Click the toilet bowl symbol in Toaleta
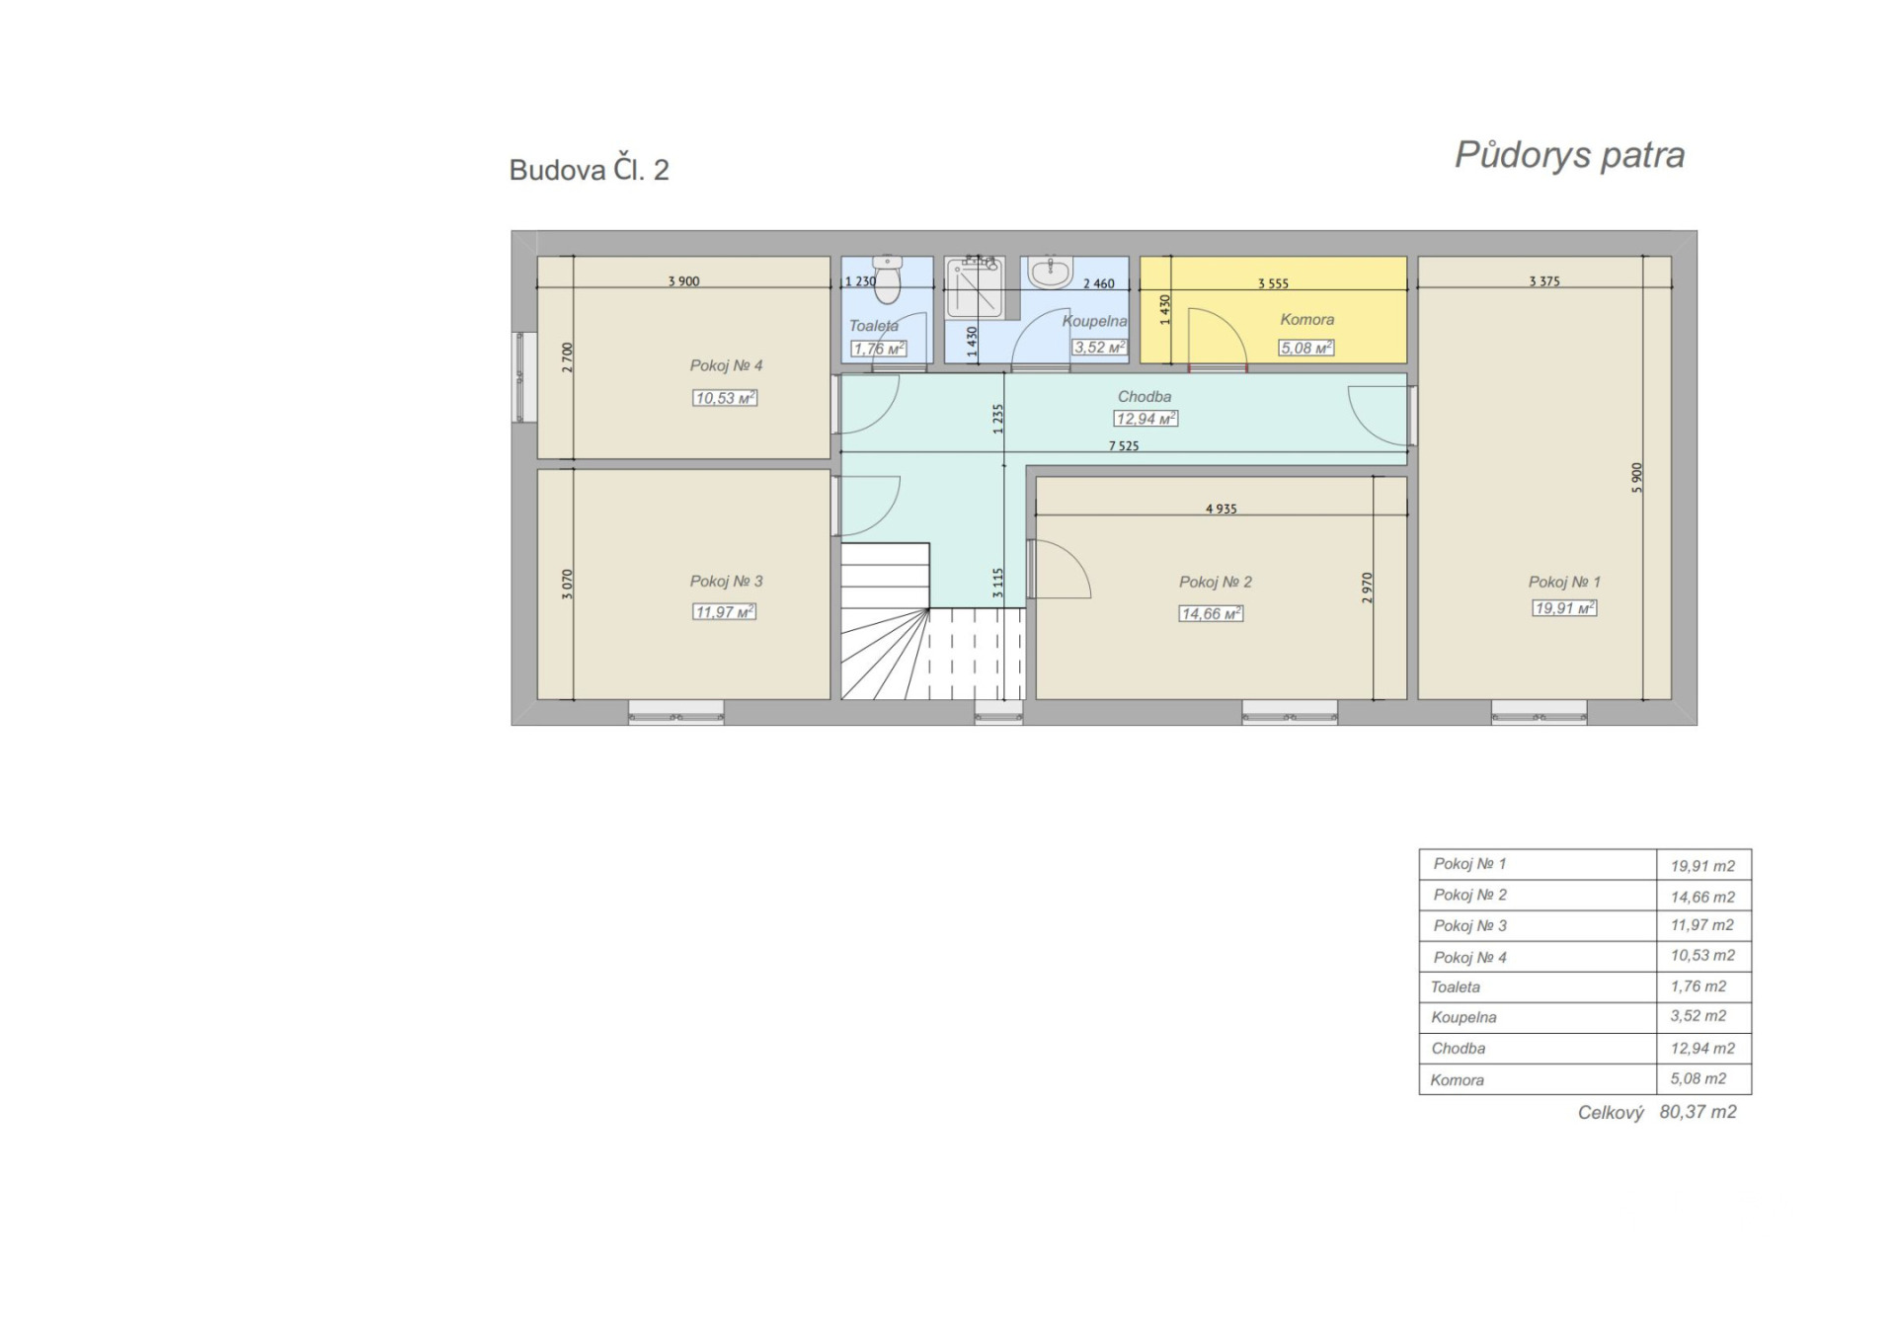tap(888, 279)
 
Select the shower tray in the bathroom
tap(975, 288)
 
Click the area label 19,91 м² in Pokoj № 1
tap(1564, 608)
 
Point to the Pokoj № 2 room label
tap(1215, 582)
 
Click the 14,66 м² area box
tap(1211, 613)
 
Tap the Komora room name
tap(1306, 319)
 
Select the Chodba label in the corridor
tap(1145, 396)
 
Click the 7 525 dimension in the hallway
tap(1124, 446)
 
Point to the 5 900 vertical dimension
tap(1637, 478)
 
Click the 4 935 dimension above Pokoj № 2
tap(1222, 509)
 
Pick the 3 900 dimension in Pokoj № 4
tap(683, 281)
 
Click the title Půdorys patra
tap(1569, 156)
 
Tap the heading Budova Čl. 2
tap(589, 169)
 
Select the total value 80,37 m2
tap(1698, 1112)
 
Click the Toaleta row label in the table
tap(1456, 986)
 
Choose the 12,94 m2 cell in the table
tap(1702, 1048)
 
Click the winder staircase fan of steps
tap(885, 654)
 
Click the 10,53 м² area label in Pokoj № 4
tap(725, 398)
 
